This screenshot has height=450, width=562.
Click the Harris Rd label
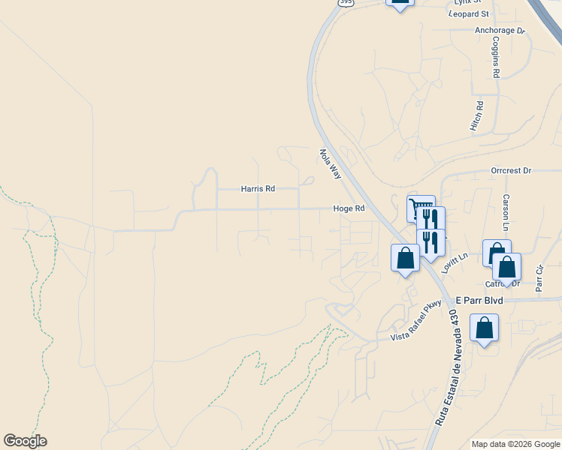pos(258,189)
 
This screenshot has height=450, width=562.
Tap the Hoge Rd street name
pos(349,209)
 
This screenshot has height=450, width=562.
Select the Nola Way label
pos(331,163)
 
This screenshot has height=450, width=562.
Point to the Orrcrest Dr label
pos(511,171)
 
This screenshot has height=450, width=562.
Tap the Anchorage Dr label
pos(500,31)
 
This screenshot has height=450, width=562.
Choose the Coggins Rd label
pos(496,59)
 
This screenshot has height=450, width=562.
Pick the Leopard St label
pos(468,14)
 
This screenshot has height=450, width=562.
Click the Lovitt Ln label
pos(455,262)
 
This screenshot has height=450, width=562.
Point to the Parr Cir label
pos(539,277)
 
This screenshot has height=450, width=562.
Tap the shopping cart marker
pos(420,208)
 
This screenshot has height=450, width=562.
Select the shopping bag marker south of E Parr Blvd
pos(485,328)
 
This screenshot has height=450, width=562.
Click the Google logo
pos(25,441)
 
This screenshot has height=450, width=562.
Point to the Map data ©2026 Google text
pos(515,444)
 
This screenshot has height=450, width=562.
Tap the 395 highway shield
pos(345,3)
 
